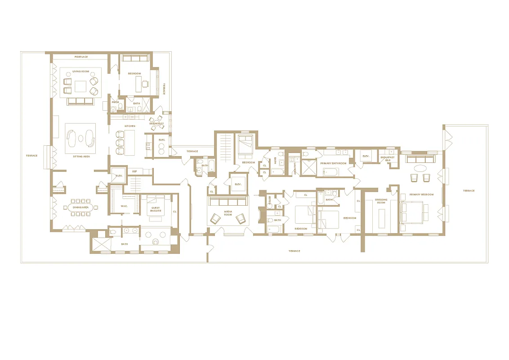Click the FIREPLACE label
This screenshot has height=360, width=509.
[81, 57]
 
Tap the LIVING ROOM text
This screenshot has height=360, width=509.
[81, 72]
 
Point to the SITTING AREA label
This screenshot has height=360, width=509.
[81, 156]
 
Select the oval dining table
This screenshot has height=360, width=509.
[81, 207]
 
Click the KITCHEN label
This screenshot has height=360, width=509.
[129, 126]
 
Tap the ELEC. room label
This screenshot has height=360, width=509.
[162, 140]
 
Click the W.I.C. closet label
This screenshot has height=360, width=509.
[125, 207]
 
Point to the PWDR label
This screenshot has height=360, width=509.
[116, 102]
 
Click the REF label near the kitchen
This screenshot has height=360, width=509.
[134, 171]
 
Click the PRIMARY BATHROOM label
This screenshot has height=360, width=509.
[333, 163]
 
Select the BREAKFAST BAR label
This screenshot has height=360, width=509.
[387, 158]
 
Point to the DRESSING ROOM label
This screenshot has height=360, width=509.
[381, 201]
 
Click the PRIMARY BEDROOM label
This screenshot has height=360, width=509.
[421, 194]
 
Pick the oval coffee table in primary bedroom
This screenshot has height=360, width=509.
[420, 169]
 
